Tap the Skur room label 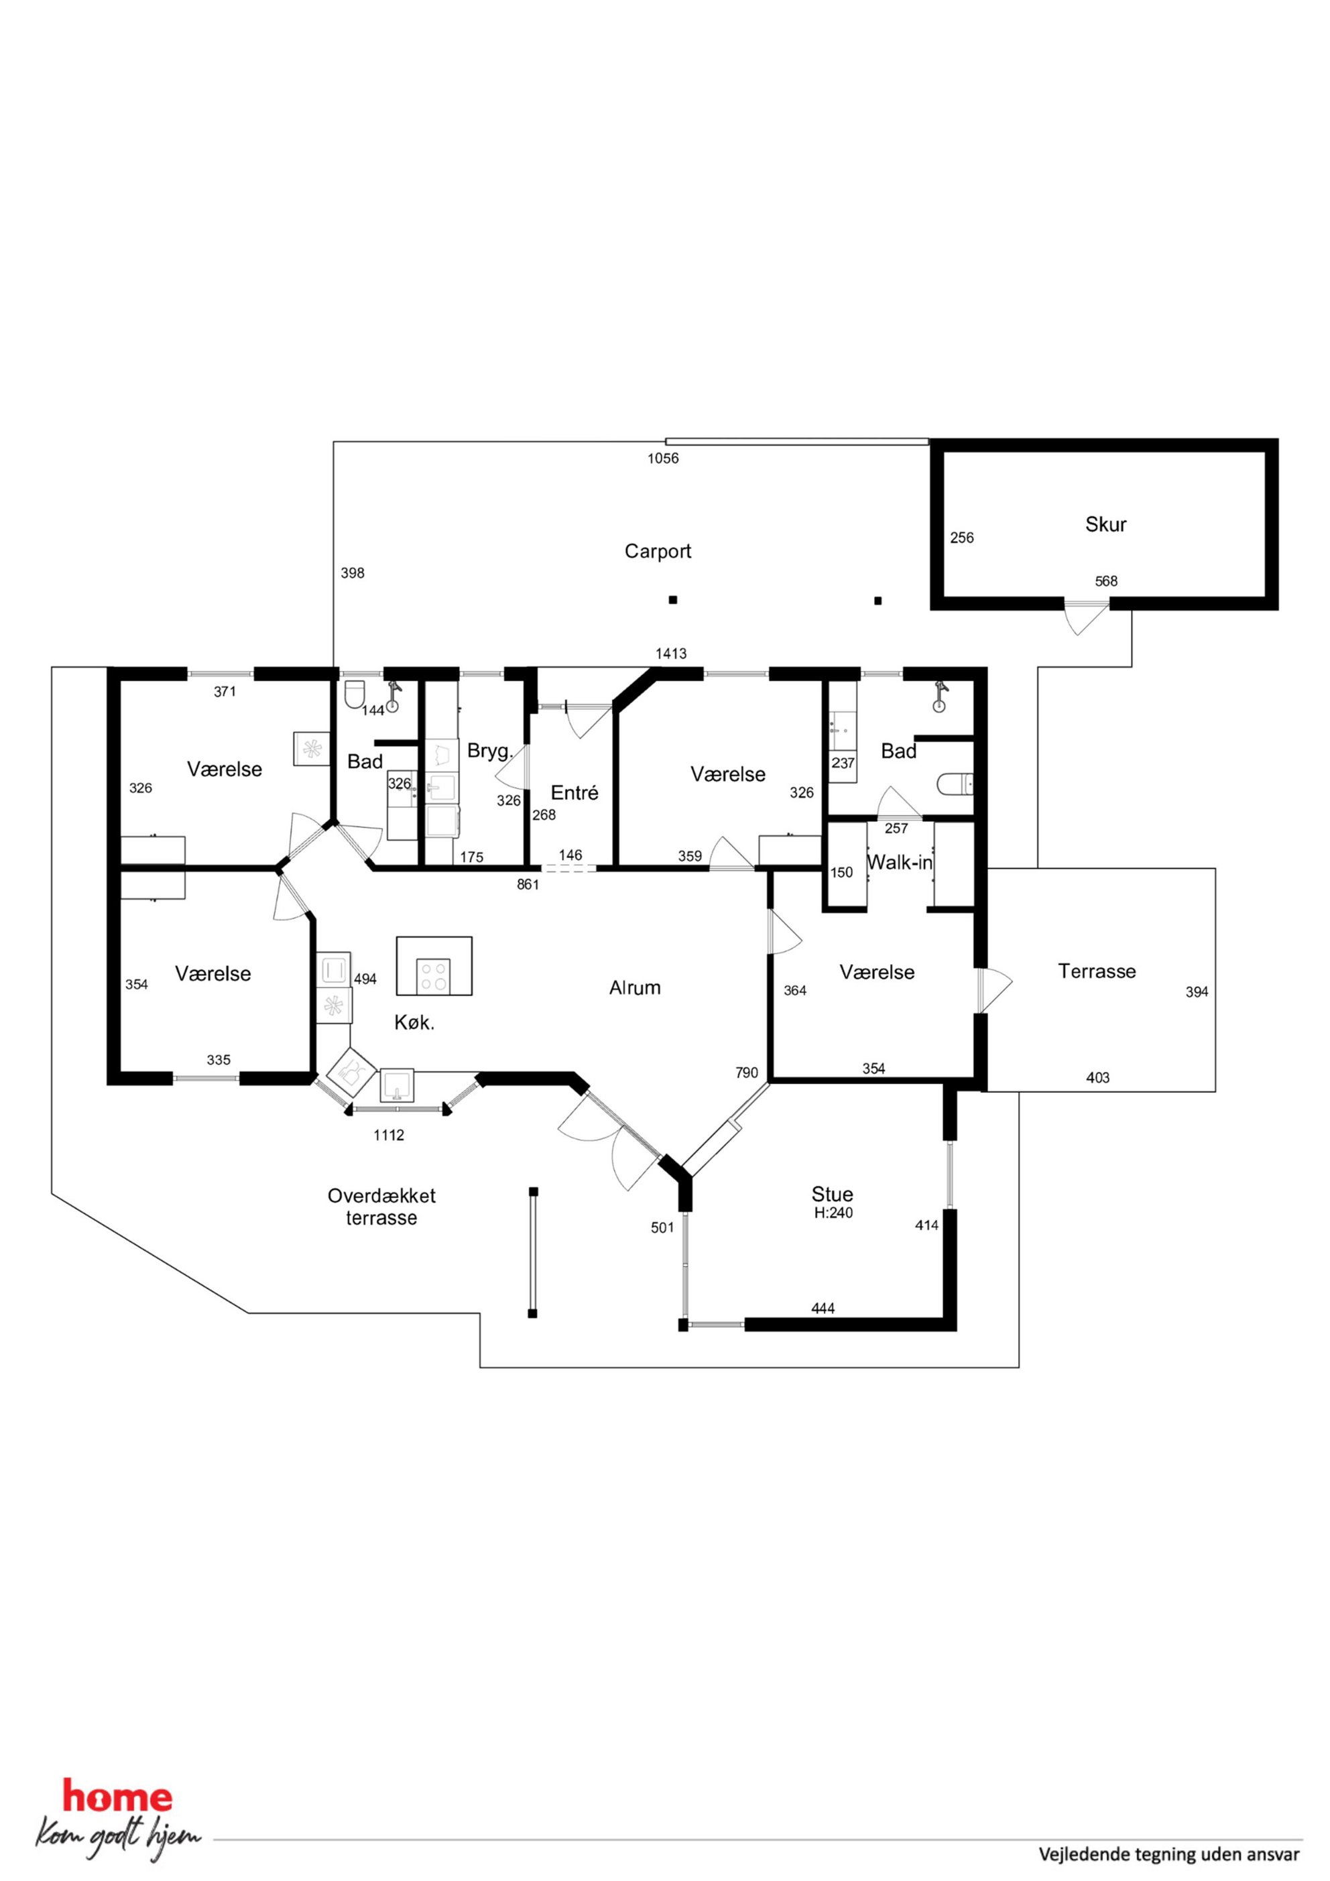1105,524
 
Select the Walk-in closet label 900,862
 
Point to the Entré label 575,792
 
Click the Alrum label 634,988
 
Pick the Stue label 833,1194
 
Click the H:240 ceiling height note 833,1213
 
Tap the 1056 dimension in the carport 663,459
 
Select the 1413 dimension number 671,654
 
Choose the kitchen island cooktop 434,976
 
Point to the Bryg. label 490,750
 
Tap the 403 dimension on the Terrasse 1097,1078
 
